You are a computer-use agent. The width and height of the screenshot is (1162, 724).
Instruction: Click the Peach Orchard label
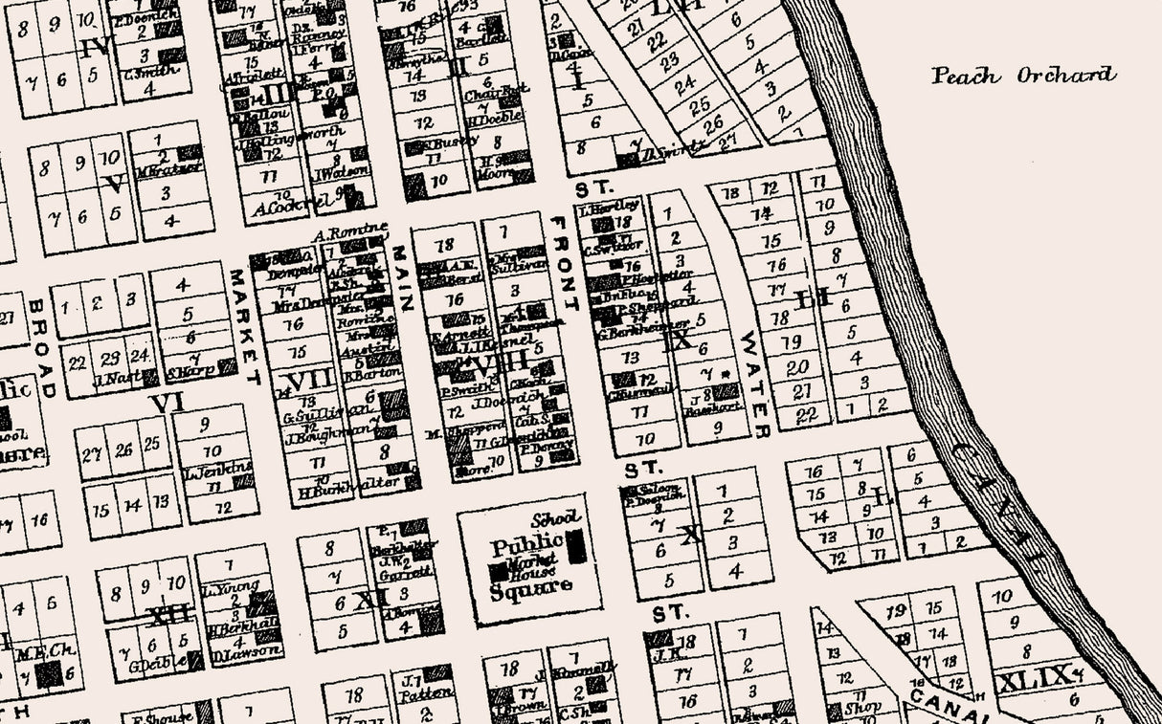coord(1023,76)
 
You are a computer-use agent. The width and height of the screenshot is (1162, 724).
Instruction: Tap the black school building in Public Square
coord(576,546)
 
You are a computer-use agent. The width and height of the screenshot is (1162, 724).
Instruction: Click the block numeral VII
coord(308,380)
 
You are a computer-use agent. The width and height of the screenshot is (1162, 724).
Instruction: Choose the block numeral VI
coord(166,404)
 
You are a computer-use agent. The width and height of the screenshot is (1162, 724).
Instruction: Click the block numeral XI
coord(368,601)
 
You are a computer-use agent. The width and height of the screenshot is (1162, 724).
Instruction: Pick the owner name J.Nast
coord(113,377)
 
